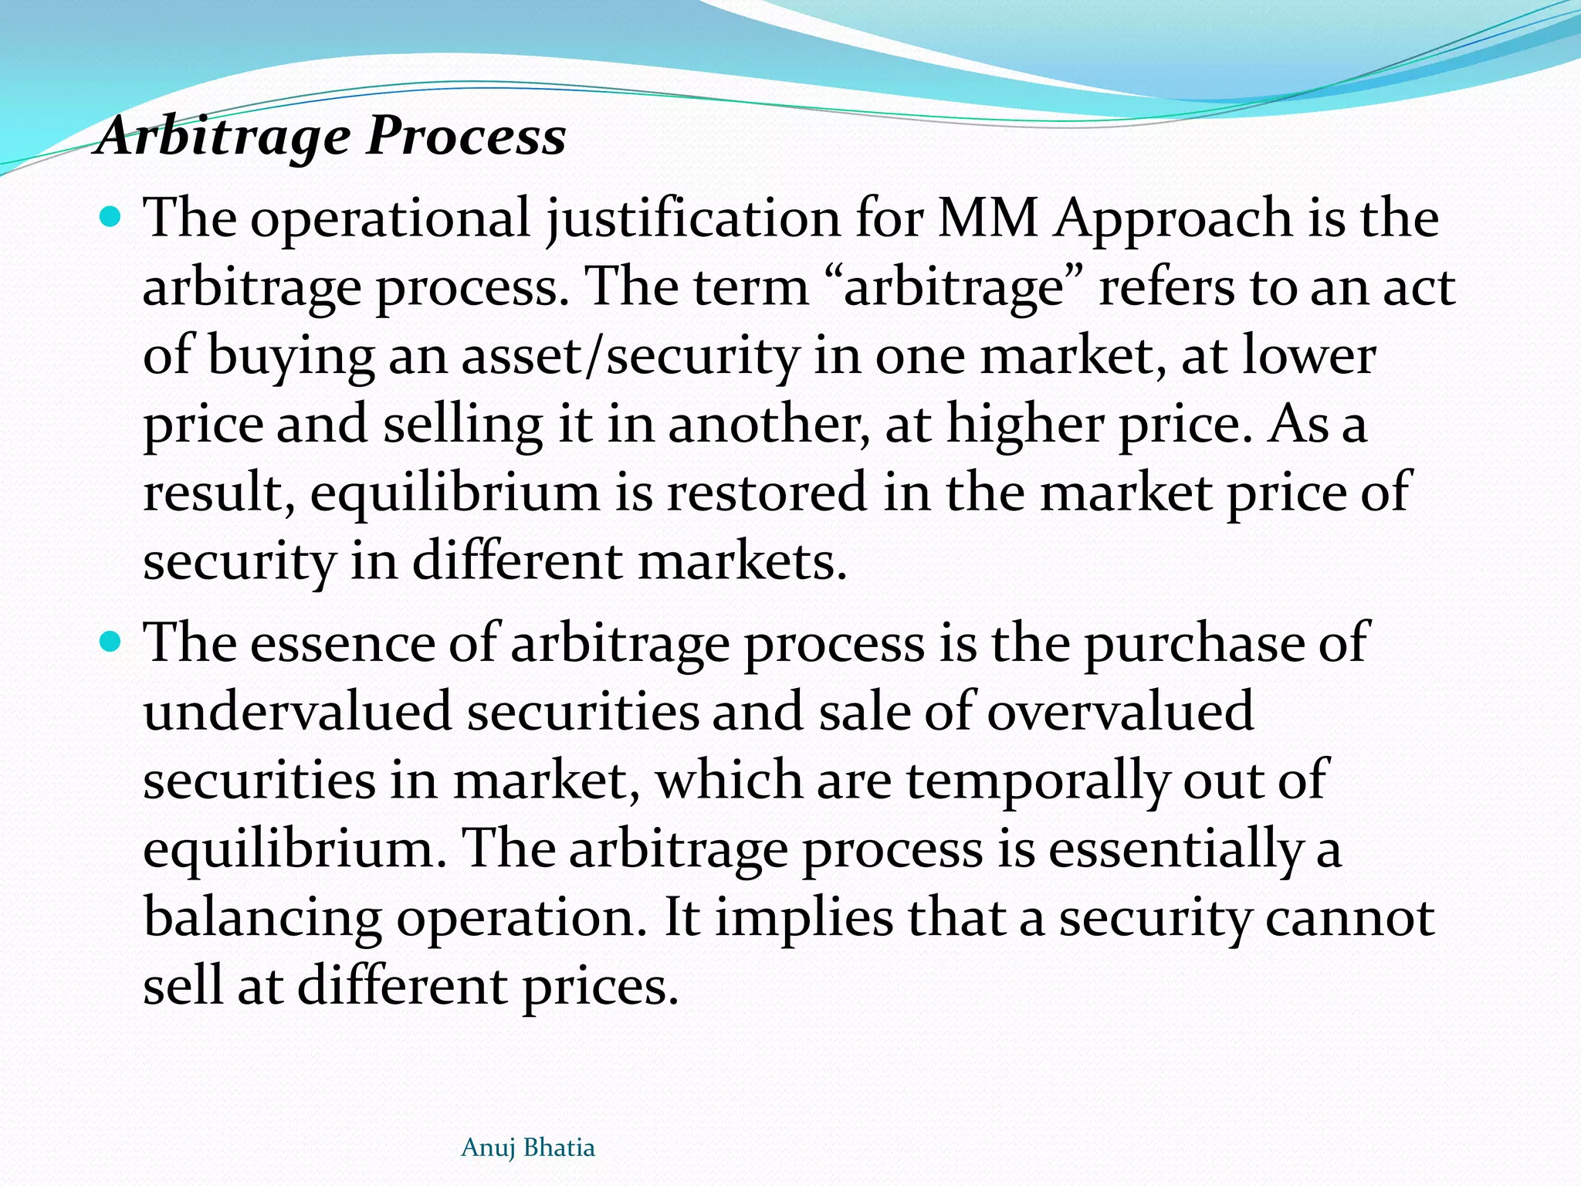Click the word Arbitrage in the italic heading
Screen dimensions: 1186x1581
pyautogui.click(x=224, y=137)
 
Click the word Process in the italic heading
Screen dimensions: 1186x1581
pyautogui.click(x=466, y=136)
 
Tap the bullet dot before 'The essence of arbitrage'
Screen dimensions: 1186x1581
pyautogui.click(x=111, y=642)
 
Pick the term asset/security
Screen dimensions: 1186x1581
pyautogui.click(x=630, y=357)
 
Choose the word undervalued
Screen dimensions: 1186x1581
pyautogui.click(x=297, y=711)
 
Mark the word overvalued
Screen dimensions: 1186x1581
pyautogui.click(x=1120, y=711)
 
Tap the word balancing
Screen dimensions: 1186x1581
pyautogui.click(x=262, y=919)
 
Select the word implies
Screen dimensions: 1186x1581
pyautogui.click(x=804, y=919)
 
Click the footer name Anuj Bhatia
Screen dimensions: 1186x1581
pyautogui.click(x=528, y=1148)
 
